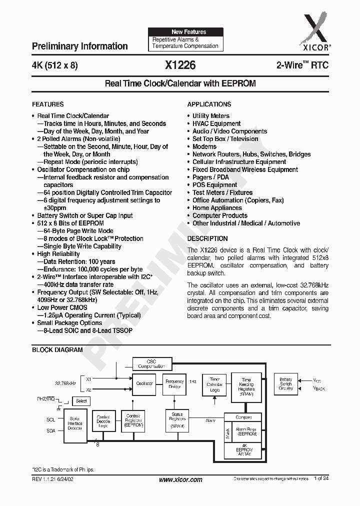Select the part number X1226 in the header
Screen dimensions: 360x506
click(180, 65)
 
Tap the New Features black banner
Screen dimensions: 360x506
click(185, 31)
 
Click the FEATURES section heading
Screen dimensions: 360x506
click(48, 104)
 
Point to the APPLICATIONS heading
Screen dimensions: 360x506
click(209, 104)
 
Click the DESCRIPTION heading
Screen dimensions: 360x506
click(207, 238)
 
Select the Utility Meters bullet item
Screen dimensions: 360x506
click(211, 116)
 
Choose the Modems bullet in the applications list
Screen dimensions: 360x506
click(204, 146)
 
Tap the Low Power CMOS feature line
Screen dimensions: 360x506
click(62, 307)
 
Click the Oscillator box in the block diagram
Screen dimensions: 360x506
click(144, 383)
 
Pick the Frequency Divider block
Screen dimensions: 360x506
click(174, 384)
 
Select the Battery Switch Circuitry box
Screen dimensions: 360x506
click(286, 384)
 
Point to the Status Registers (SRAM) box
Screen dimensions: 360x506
click(177, 420)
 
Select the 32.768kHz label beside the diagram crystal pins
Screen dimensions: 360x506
click(65, 383)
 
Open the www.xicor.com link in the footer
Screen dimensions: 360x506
click(180, 479)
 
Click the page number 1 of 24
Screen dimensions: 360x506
click(322, 479)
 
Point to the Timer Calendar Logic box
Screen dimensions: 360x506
click(214, 384)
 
